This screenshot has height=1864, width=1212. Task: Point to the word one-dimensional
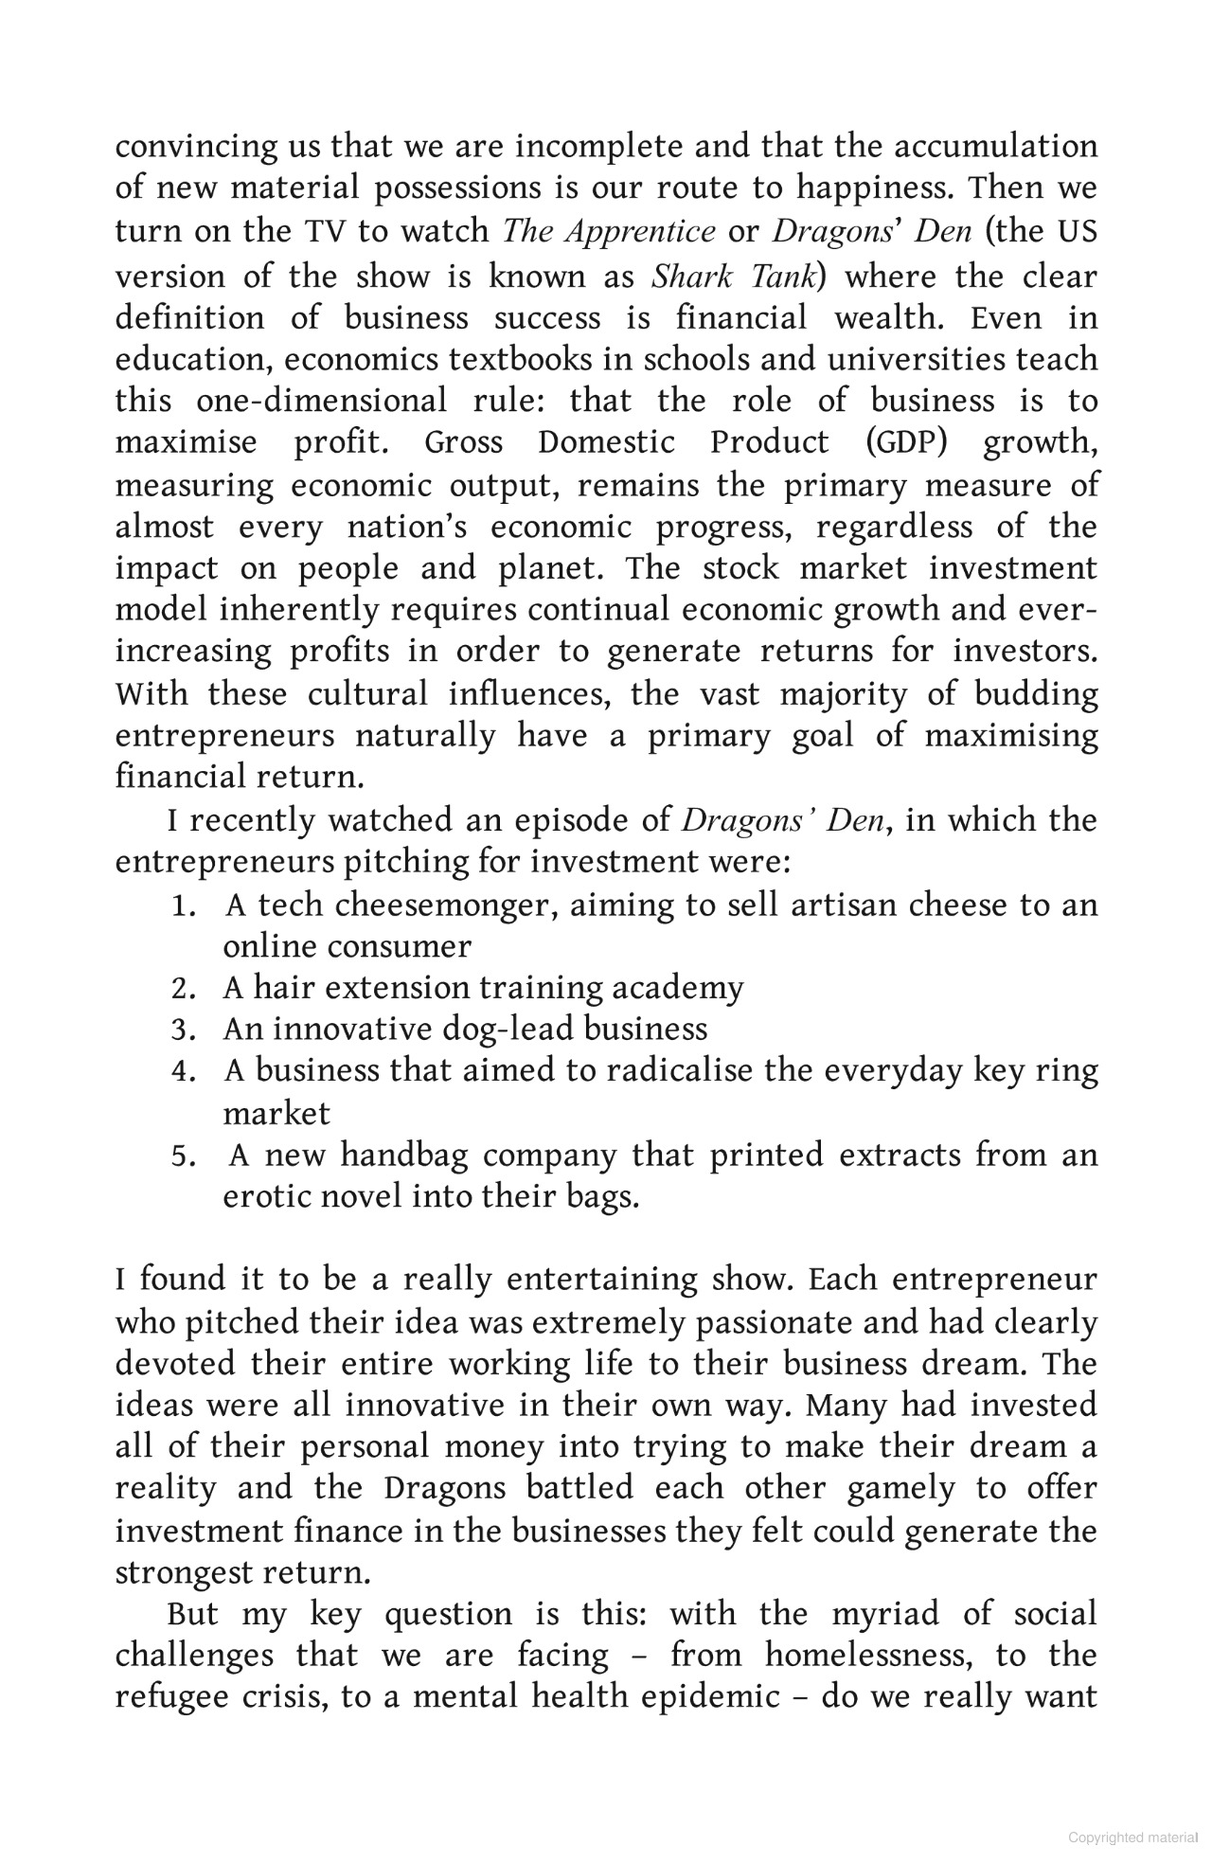(321, 401)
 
